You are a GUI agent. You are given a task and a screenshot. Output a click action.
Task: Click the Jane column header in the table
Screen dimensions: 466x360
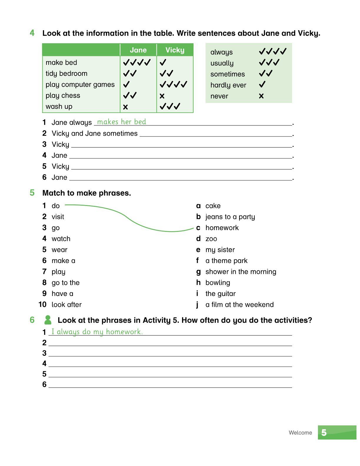138,50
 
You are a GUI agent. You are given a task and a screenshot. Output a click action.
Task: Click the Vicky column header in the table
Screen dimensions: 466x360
175,50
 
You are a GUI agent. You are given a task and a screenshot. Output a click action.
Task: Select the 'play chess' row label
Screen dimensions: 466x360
63,96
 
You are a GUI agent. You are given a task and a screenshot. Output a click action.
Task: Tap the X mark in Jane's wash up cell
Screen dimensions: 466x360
126,107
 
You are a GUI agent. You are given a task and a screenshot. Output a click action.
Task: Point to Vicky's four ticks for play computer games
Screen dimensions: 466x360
173,85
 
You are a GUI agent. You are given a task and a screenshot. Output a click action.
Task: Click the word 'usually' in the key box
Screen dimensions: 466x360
222,63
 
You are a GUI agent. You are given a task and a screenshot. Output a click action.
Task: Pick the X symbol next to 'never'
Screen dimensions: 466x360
261,96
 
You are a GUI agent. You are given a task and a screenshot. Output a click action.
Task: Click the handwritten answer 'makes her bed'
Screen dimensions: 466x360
121,122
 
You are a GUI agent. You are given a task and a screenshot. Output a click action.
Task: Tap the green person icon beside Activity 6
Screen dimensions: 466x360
48,320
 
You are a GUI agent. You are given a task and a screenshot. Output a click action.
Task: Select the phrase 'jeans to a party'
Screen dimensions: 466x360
230,217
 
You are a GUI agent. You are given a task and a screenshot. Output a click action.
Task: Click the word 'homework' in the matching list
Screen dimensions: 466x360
222,228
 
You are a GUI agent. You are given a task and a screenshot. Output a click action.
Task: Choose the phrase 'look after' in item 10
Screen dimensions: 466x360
66,304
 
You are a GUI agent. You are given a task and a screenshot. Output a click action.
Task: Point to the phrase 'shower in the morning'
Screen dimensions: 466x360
241,272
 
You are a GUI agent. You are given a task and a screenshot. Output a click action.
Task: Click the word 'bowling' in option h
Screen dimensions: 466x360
218,283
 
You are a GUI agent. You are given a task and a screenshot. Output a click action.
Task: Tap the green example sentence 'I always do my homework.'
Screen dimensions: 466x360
97,332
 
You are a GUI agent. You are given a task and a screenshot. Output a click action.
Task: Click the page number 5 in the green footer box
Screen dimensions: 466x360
324,432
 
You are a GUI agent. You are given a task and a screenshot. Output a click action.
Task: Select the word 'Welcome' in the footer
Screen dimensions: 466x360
300,432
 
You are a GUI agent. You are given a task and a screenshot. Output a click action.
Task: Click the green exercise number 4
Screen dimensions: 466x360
32,33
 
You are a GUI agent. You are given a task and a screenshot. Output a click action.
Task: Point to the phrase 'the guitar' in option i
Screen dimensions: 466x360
220,294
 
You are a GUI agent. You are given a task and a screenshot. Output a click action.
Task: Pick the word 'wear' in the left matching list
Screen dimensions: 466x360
59,250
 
